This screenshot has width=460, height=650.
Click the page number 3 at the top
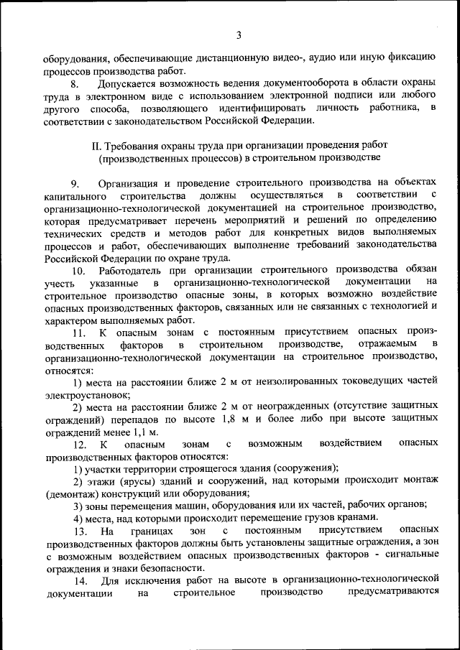238,35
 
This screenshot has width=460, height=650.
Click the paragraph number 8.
75,83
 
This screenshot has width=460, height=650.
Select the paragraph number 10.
78,270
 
